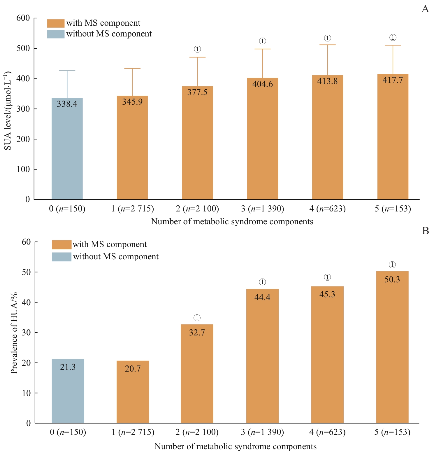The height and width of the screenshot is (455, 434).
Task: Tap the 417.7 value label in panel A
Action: [393, 80]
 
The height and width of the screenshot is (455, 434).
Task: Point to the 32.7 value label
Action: [197, 332]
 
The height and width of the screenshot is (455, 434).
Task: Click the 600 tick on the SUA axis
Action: [23, 18]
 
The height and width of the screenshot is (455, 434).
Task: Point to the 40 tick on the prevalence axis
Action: [26, 302]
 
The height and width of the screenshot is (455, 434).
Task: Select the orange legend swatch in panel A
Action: [56, 23]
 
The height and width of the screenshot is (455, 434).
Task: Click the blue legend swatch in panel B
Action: [62, 257]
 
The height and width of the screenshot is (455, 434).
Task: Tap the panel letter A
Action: [425, 9]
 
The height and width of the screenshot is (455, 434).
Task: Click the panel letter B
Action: [425, 231]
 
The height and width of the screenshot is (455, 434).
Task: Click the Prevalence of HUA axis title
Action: [14, 332]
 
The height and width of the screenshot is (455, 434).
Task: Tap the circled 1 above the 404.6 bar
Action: [263, 41]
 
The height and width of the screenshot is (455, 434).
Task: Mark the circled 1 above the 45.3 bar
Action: [327, 277]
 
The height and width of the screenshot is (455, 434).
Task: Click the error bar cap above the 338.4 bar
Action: [67, 71]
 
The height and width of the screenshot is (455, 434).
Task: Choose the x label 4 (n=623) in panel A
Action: [327, 209]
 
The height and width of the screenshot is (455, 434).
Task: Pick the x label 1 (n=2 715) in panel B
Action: [133, 432]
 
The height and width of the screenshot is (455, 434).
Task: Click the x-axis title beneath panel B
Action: [235, 446]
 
